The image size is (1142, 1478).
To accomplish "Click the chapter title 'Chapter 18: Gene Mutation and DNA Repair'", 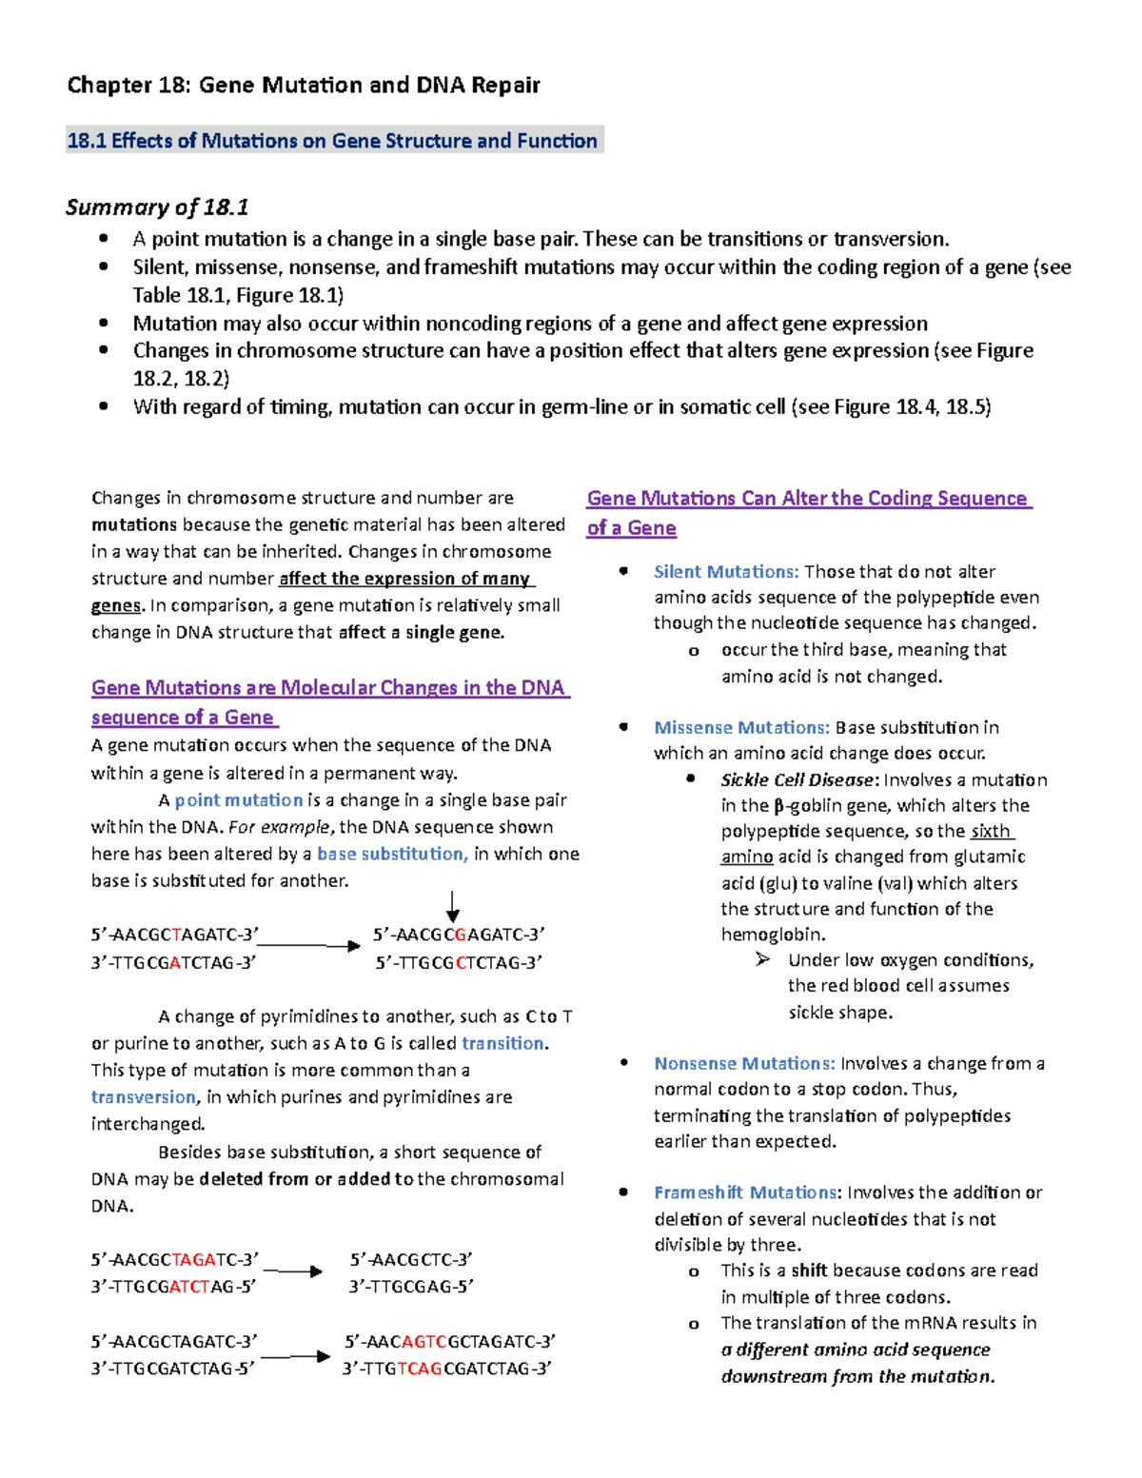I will pyautogui.click(x=303, y=86).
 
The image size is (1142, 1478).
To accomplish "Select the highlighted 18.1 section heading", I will pyautogui.click(x=332, y=141).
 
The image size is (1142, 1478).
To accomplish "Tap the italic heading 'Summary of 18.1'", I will pyautogui.click(x=157, y=207).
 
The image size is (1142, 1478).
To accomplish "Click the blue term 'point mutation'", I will pyautogui.click(x=238, y=800).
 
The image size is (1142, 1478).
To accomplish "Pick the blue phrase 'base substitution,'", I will pyautogui.click(x=391, y=854).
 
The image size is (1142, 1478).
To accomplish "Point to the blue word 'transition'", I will pyautogui.click(x=502, y=1043).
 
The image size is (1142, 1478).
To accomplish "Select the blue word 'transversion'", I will pyautogui.click(x=143, y=1097).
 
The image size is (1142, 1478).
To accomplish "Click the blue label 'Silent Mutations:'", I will pyautogui.click(x=726, y=572).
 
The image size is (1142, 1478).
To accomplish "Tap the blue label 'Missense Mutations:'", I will pyautogui.click(x=741, y=728).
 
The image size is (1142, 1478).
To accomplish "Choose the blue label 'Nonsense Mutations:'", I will pyautogui.click(x=744, y=1064).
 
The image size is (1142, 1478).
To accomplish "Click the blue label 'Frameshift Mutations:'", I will pyautogui.click(x=747, y=1192).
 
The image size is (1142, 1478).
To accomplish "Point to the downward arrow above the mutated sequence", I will pyautogui.click(x=453, y=906).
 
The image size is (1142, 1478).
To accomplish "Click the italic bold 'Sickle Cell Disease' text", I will pyautogui.click(x=797, y=780).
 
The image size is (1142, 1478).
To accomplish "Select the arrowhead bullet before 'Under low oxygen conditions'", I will pyautogui.click(x=763, y=959).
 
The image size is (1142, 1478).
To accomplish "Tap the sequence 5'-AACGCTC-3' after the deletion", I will pyautogui.click(x=410, y=1260).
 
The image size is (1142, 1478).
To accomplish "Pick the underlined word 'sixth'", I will pyautogui.click(x=991, y=831).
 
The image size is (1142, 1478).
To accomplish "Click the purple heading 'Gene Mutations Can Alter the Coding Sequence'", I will pyautogui.click(x=807, y=499).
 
